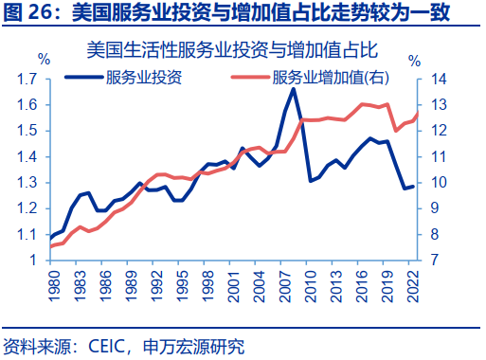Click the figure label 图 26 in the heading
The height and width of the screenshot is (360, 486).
click(x=29, y=12)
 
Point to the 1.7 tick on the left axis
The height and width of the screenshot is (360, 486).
click(x=27, y=80)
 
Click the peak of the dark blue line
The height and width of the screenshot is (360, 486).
click(x=293, y=89)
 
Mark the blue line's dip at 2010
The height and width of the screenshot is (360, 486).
click(x=310, y=180)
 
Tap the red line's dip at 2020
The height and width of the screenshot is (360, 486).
click(x=396, y=131)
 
